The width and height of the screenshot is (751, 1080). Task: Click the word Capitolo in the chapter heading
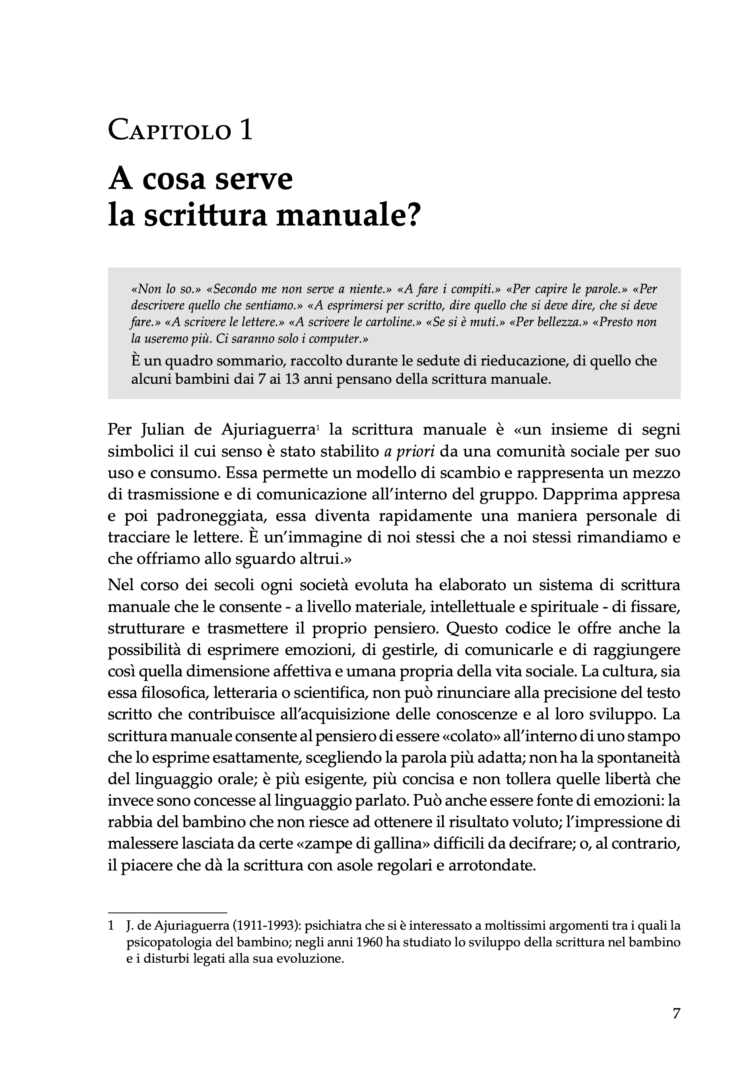(x=170, y=130)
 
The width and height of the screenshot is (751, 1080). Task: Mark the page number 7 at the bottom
(x=676, y=1013)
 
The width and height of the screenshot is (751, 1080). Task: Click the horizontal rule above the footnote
(x=167, y=912)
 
